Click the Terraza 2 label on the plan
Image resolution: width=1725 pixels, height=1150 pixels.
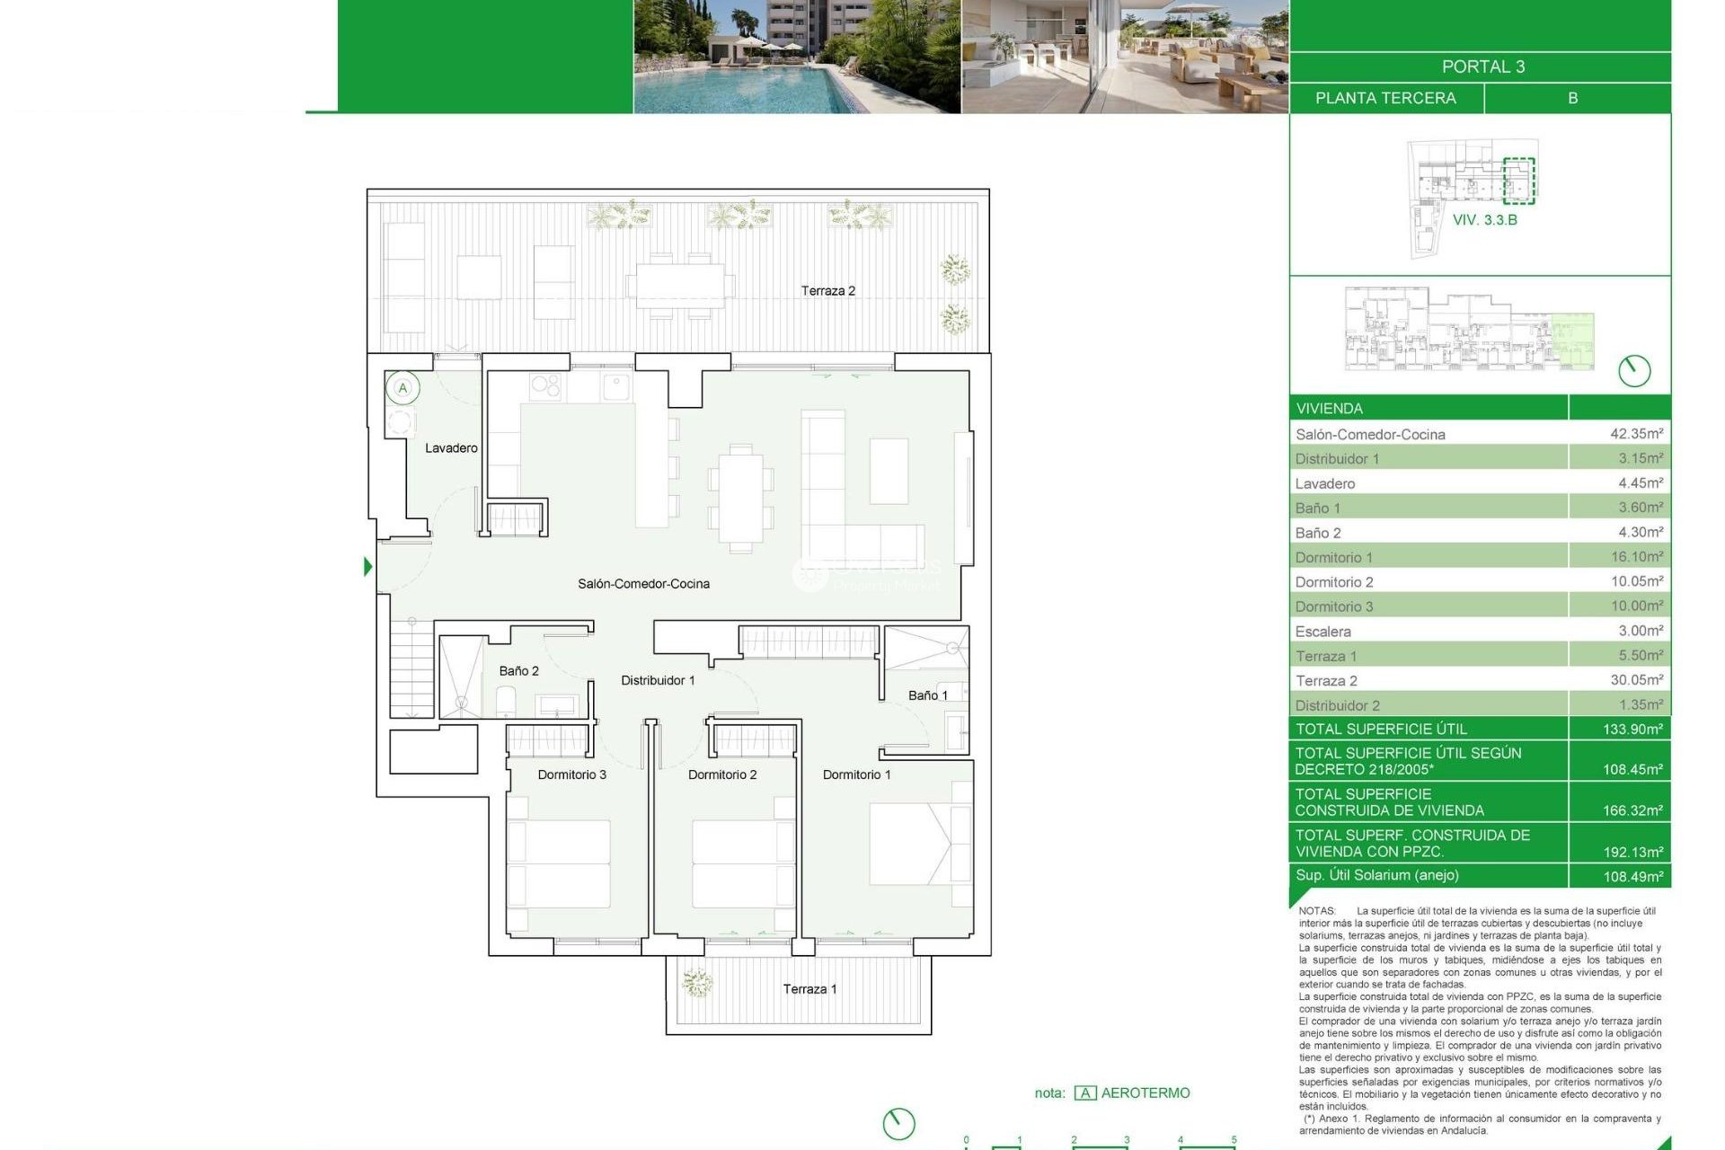[827, 290]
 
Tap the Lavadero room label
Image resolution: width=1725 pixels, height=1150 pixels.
[451, 447]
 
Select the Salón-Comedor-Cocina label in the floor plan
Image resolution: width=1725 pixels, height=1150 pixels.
[643, 583]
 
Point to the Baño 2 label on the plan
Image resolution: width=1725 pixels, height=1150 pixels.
[518, 670]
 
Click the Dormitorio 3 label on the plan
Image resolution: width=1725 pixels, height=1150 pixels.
[571, 774]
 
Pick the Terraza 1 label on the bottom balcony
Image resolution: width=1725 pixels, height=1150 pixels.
[809, 988]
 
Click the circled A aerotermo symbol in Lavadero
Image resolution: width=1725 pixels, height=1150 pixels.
[402, 388]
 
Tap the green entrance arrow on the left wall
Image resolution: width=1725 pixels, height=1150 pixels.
[367, 566]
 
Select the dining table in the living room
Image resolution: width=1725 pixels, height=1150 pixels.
[740, 498]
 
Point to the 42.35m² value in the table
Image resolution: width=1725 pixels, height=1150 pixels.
[1635, 433]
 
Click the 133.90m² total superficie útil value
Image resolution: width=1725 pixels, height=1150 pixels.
[1632, 729]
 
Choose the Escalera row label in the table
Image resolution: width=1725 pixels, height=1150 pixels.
[1322, 631]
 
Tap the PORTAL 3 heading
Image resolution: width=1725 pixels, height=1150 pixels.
[1482, 66]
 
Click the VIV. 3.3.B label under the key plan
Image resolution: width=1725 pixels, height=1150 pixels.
[1484, 219]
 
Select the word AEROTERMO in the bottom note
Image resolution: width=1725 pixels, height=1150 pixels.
[1145, 1092]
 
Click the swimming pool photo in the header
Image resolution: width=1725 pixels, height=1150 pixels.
[796, 56]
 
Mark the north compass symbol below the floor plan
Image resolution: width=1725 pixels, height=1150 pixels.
[898, 1122]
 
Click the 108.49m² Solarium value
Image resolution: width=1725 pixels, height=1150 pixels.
[1632, 876]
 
